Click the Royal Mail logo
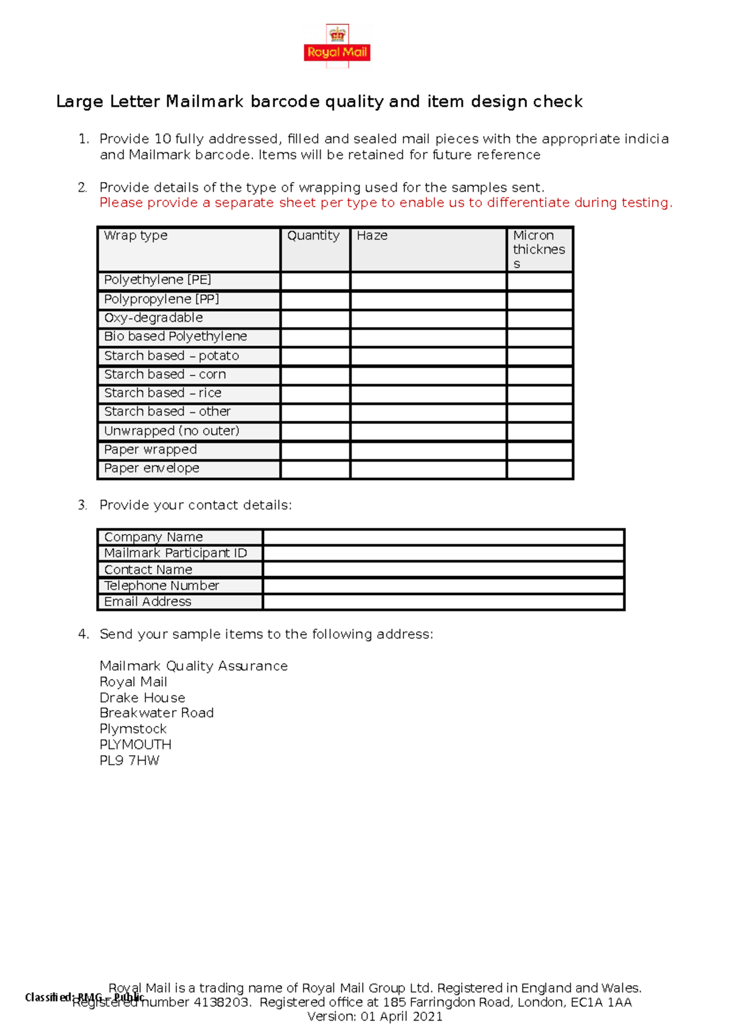337,46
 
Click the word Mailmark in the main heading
204,101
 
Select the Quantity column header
313,236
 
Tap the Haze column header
372,236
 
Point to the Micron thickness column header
538,249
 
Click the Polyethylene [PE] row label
158,280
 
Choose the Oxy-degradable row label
153,318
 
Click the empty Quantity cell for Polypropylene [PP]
315,300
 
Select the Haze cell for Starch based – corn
428,375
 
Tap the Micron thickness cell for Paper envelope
540,469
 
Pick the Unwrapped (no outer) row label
172,431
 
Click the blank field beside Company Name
443,537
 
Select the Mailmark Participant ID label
175,553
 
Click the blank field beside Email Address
443,602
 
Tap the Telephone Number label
161,586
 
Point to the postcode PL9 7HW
129,761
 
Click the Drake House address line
142,698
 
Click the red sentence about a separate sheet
386,203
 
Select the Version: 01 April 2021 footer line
375,1016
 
